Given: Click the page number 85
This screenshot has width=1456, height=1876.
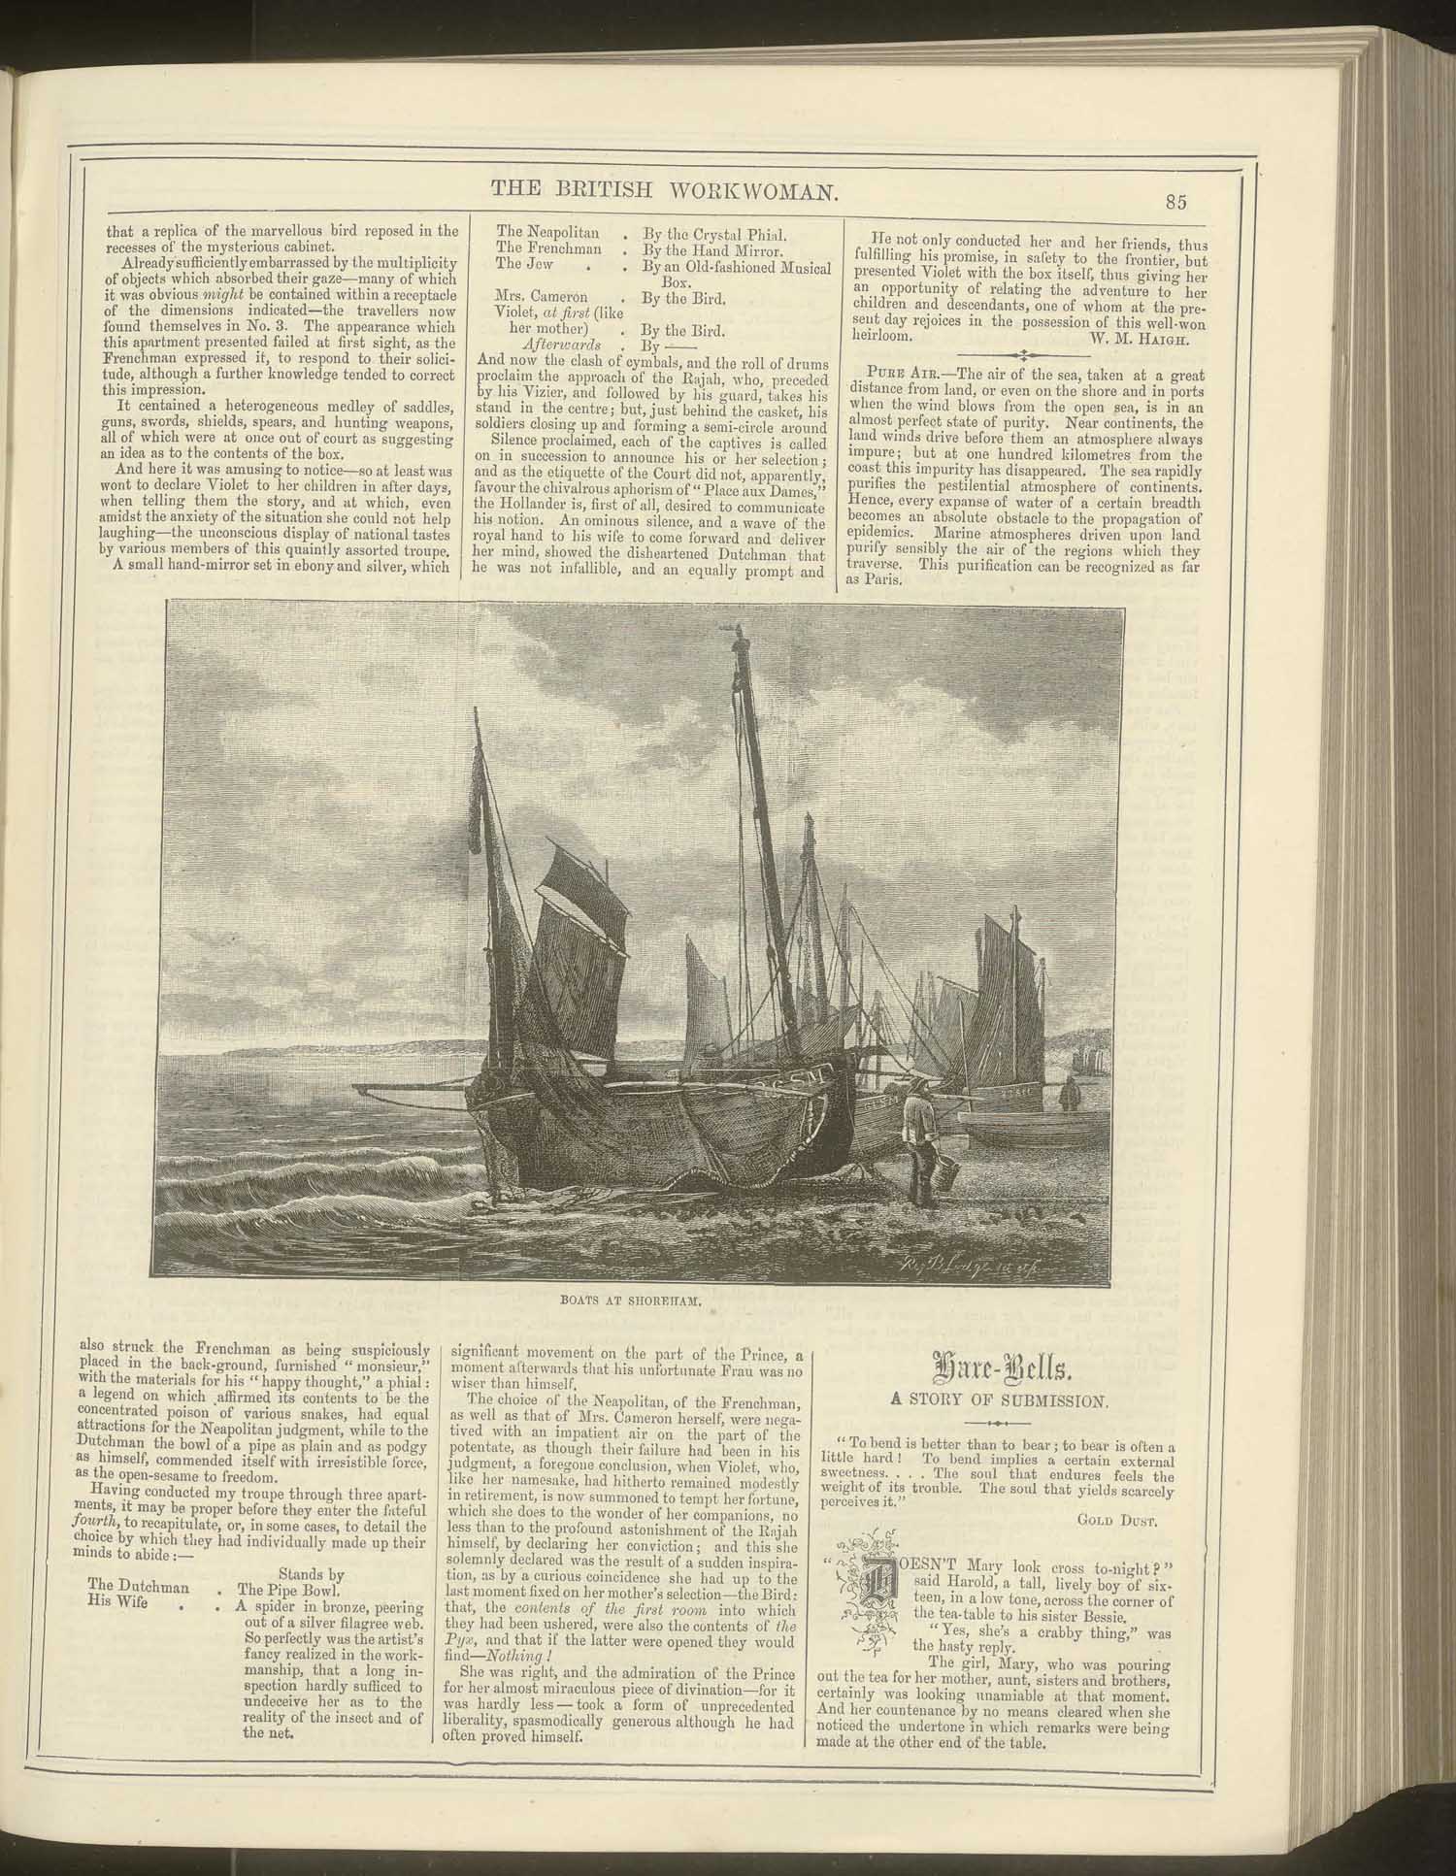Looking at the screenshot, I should point(1177,201).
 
